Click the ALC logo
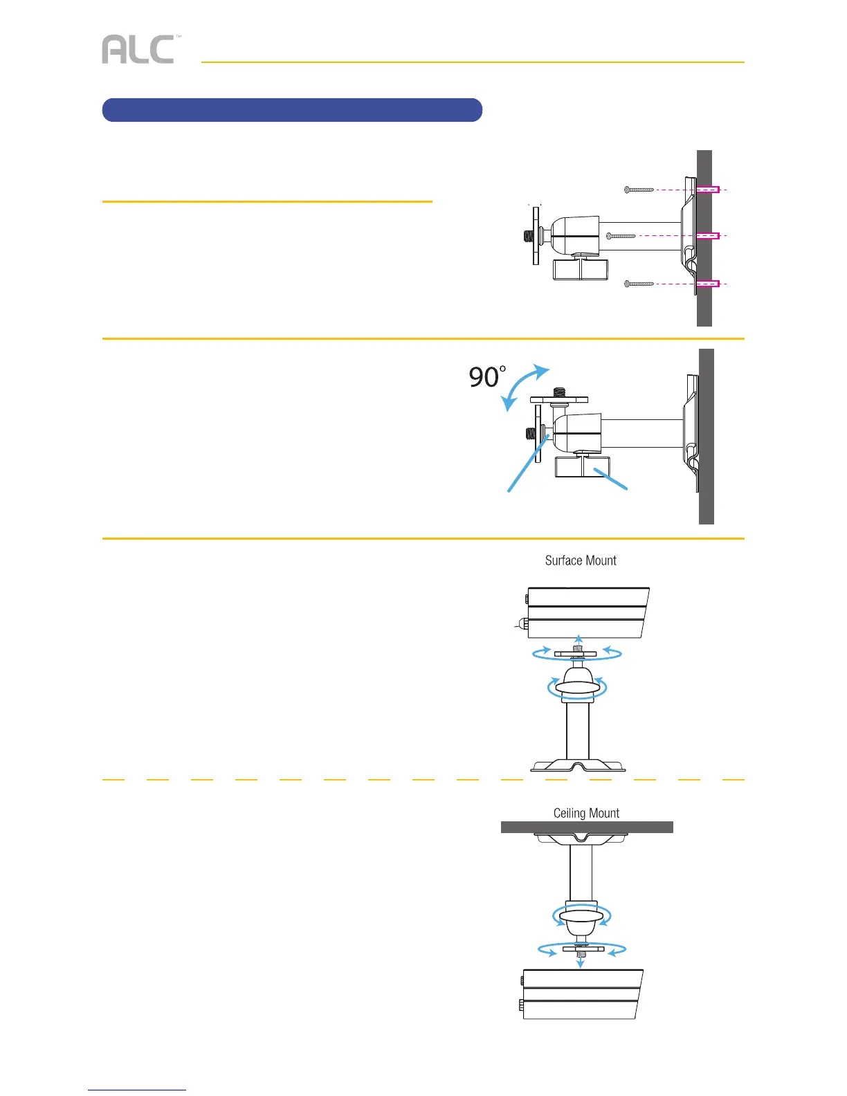coord(138,50)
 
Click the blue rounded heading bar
coord(291,110)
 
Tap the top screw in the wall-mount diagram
coord(639,190)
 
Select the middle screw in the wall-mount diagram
coord(621,236)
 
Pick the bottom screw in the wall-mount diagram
coord(639,284)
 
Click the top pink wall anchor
coord(708,189)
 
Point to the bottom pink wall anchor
coord(708,284)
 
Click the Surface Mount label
coord(581,560)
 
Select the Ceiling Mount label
coord(586,813)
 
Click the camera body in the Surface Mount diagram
coord(587,612)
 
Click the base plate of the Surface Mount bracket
coord(578,766)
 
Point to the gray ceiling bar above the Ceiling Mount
coord(587,827)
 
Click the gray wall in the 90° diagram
coord(707,436)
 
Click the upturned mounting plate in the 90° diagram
coord(559,399)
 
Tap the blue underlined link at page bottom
coord(137,1090)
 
